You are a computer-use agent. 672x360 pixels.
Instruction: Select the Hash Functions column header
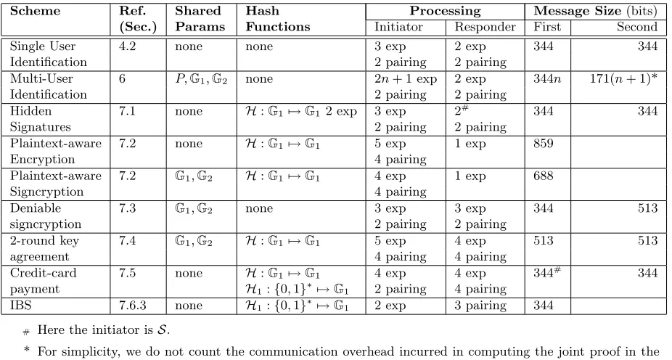tap(278, 18)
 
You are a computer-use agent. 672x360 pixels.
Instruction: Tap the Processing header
tap(445, 11)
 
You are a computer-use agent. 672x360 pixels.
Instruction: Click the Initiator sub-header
tap(398, 27)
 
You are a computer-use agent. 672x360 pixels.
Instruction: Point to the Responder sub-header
tap(485, 27)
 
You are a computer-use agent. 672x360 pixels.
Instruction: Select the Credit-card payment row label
tap(44, 281)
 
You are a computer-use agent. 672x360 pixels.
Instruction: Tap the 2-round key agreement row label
tap(44, 248)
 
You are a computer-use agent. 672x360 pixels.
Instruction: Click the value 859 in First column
tap(544, 143)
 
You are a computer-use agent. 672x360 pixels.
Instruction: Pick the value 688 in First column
tap(544, 176)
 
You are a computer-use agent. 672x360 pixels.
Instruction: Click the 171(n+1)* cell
tap(623, 79)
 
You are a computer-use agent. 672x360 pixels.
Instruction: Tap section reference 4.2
tap(127, 46)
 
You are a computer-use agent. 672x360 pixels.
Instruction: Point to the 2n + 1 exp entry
tap(406, 79)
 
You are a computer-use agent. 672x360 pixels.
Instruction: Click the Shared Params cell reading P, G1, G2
tap(201, 79)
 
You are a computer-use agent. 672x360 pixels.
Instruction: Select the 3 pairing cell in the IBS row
tap(480, 306)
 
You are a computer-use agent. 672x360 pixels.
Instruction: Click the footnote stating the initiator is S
tap(97, 330)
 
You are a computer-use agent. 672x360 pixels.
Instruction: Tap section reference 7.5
tap(127, 273)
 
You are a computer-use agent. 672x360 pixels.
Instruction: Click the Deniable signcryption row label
tap(46, 216)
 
